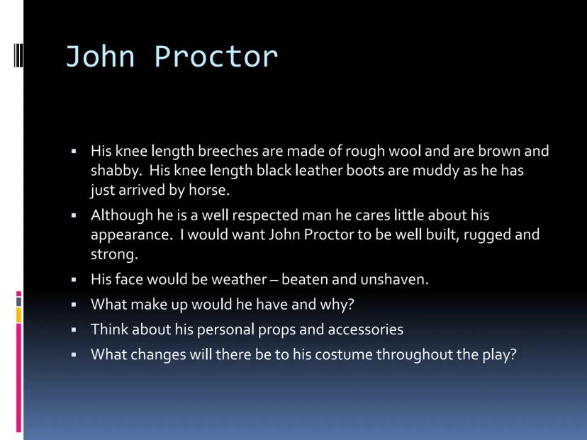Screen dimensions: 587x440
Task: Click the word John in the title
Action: point(100,57)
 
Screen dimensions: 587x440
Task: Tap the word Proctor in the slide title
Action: point(216,57)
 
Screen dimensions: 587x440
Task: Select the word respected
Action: point(265,216)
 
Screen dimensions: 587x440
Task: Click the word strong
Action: point(114,255)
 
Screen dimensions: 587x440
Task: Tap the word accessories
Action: point(365,329)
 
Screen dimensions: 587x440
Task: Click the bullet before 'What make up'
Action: point(74,305)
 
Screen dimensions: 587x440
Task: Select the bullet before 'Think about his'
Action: point(74,329)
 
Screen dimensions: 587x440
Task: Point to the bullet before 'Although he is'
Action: point(74,215)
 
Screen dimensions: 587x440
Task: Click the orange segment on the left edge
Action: point(18,315)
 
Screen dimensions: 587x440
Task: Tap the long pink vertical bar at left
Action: point(18,378)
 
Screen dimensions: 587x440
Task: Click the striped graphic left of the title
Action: point(18,55)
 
